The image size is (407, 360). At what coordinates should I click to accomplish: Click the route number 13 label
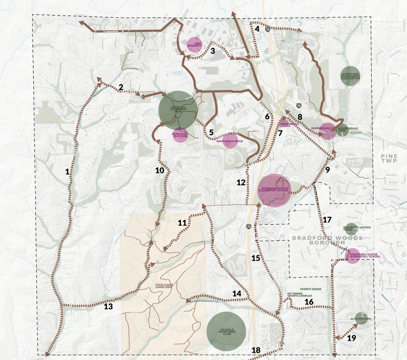108,307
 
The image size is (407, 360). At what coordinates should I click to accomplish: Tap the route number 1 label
67,172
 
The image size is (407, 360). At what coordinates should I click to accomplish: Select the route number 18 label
256,350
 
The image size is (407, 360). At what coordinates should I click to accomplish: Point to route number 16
309,302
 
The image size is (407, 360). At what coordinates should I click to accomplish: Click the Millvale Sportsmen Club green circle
226,331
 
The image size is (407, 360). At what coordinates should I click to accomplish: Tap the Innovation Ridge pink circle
230,140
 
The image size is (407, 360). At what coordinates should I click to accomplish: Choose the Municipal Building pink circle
180,135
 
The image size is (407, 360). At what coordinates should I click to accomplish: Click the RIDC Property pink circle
195,45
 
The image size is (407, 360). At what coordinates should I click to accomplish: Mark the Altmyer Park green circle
361,319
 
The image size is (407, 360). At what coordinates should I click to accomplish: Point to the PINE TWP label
390,158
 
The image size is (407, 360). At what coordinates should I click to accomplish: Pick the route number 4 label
257,28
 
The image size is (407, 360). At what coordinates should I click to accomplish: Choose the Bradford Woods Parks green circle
351,229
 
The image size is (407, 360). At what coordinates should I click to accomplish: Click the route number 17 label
327,220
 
